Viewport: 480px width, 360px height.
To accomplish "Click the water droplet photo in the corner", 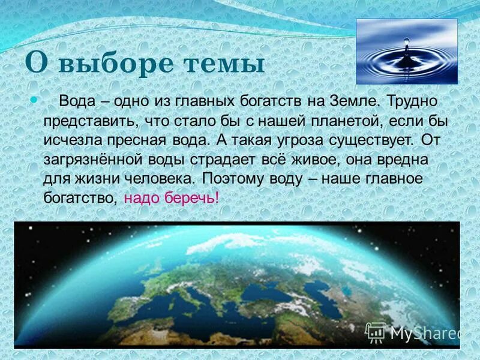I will point(406,51).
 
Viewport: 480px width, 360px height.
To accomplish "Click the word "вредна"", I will point(407,160).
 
